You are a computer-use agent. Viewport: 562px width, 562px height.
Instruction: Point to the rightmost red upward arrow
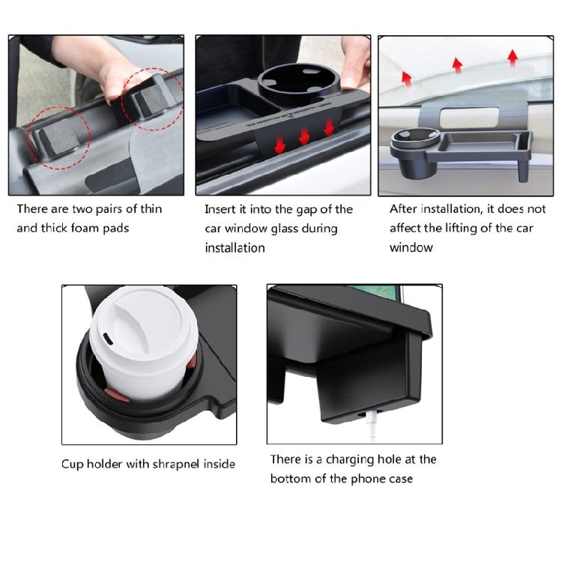[513, 57]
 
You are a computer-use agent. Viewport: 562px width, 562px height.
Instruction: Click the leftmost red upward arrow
[406, 76]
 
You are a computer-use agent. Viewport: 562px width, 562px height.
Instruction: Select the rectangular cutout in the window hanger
[468, 116]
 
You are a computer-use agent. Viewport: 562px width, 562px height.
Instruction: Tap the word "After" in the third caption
[404, 209]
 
